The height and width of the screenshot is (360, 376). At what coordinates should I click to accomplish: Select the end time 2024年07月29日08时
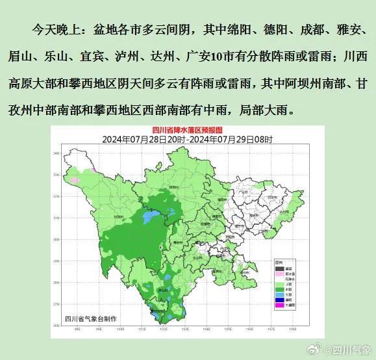point(227,139)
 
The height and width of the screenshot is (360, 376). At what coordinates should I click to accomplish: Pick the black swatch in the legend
point(279,268)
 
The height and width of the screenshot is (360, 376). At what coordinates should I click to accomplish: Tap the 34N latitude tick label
point(56,153)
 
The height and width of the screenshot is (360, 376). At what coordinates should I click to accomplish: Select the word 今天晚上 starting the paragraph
point(53,30)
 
